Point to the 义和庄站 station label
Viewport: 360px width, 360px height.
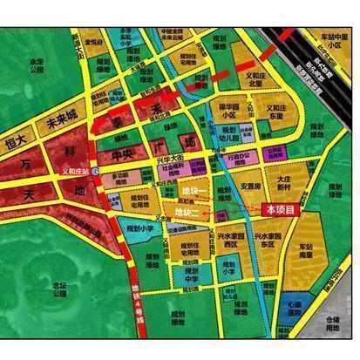(x=78, y=171)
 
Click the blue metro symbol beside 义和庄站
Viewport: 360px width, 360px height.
(x=95, y=172)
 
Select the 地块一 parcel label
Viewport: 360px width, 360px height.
(x=191, y=191)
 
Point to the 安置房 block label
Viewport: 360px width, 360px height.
(x=251, y=187)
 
